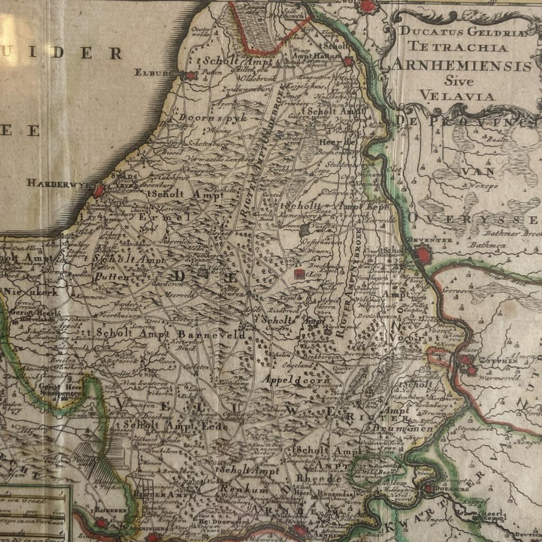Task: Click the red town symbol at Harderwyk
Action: coord(99,190)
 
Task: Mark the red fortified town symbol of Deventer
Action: coord(423,256)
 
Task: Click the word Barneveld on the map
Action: coord(212,335)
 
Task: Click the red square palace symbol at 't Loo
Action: coord(298,274)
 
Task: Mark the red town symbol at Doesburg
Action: coord(428,489)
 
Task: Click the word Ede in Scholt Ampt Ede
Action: coord(218,426)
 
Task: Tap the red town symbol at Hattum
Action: coord(348,61)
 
